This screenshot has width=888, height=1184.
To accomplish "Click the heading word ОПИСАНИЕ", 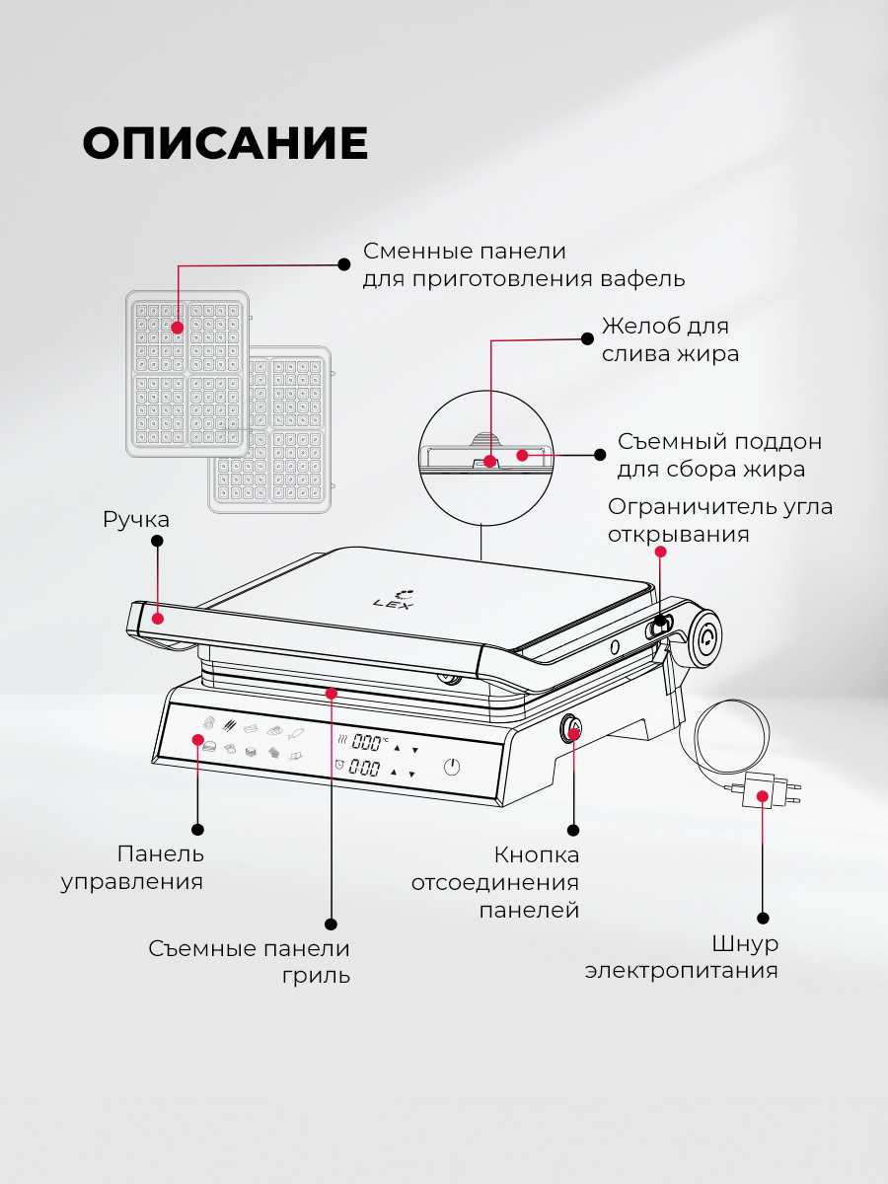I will pos(225,144).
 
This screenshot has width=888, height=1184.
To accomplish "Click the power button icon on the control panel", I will pos(452,767).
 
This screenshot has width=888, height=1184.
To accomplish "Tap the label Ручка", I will pos(136,519).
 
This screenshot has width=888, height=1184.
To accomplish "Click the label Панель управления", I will pos(133,867).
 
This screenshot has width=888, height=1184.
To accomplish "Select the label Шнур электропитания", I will pos(682,957).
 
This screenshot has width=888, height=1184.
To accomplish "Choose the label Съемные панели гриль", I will pos(250,962).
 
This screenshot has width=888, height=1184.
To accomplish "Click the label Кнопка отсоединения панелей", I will pos(495,882).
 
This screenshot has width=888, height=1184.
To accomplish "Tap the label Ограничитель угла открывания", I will pos(719,520).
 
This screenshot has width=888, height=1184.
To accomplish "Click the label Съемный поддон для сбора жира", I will pos(718,455).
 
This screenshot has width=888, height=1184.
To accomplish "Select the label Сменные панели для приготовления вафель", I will pos(523,264).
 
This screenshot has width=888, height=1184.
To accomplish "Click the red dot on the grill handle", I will pos(159,619).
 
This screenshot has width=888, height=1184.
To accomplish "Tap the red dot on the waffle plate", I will pos(178,327).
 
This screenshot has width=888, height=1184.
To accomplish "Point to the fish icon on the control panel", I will pos(296,732).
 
